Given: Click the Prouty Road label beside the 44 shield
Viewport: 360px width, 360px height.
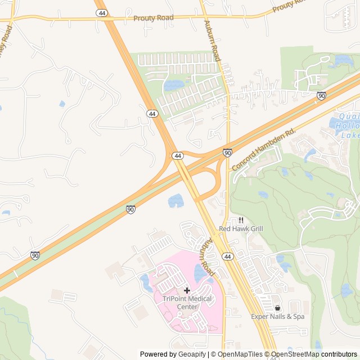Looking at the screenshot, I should point(153,18).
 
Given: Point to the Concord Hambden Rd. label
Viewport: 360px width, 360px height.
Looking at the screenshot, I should point(264,149).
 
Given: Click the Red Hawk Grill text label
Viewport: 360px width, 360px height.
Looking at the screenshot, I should point(241,229).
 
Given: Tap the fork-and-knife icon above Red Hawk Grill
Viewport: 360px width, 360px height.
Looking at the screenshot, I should point(241,220).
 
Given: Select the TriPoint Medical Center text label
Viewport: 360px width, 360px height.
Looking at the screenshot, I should point(187,303).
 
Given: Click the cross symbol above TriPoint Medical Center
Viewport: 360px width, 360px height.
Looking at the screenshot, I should point(187,290).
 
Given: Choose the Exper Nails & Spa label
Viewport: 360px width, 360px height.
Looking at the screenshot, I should point(277,317).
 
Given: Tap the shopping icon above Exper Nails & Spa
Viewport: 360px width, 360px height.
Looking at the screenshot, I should point(277,308).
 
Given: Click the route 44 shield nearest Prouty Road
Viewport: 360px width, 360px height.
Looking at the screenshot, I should point(102,13).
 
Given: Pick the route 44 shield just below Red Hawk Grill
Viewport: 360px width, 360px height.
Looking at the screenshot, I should point(227,256).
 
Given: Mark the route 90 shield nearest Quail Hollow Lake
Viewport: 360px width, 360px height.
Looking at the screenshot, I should point(321,96).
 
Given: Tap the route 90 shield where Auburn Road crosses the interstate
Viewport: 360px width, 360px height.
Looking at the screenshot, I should point(227,152).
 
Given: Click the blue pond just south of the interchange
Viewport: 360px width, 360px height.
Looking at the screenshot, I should point(175,200).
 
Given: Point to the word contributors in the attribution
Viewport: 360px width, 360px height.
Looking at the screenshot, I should point(339,354).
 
